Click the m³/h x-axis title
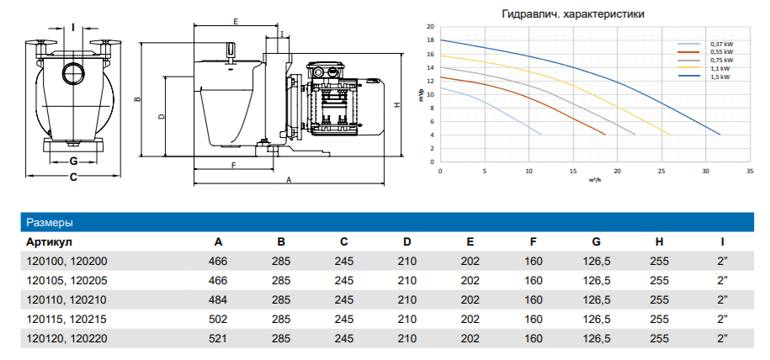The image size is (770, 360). coord(594,180)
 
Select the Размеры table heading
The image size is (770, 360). coord(50,223)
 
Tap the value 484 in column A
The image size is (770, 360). coord(218,299)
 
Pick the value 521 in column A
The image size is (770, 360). coord(218,339)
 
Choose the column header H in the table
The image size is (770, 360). coord(659,242)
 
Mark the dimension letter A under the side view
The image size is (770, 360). coord(289,180)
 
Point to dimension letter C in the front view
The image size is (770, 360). coord(73,177)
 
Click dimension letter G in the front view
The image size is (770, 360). coord(73,160)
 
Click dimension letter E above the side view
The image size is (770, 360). coord(236,20)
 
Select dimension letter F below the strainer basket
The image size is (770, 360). coord(233,165)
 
